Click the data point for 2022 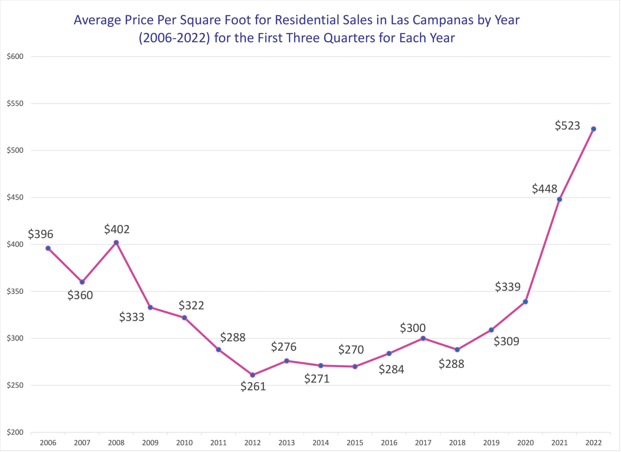pyautogui.click(x=593, y=129)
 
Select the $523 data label pyautogui.click(x=567, y=126)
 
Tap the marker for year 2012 pyautogui.click(x=253, y=375)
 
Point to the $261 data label pyautogui.click(x=253, y=386)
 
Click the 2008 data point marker pyautogui.click(x=116, y=243)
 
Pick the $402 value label pyautogui.click(x=117, y=229)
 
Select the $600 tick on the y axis pyautogui.click(x=15, y=56)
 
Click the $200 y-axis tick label pyautogui.click(x=15, y=432)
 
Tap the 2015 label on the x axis pyautogui.click(x=355, y=443)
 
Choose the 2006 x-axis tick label pyautogui.click(x=48, y=443)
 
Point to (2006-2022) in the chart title pyautogui.click(x=174, y=38)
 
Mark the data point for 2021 pyautogui.click(x=559, y=199)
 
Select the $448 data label pyautogui.click(x=545, y=189)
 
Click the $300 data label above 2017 pyautogui.click(x=413, y=328)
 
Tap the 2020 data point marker pyautogui.click(x=525, y=302)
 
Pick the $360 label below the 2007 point pyautogui.click(x=80, y=295)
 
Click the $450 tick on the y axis pyautogui.click(x=15, y=198)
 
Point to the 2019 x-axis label pyautogui.click(x=491, y=443)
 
